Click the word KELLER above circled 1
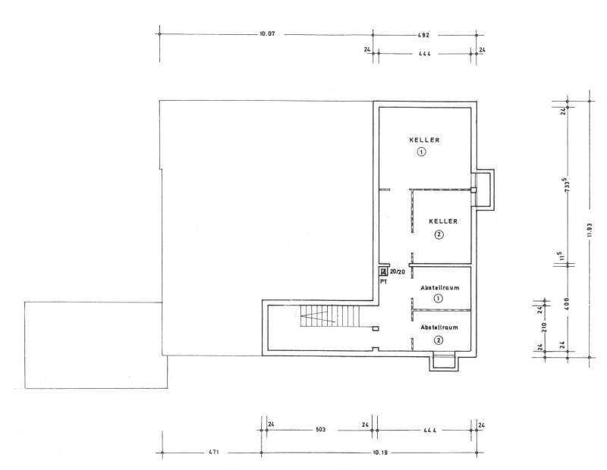pyautogui.click(x=424, y=139)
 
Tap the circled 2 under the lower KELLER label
pyautogui.click(x=439, y=234)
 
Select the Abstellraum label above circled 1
pyautogui.click(x=440, y=288)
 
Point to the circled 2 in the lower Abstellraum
pyautogui.click(x=439, y=340)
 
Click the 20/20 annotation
pyautogui.click(x=397, y=272)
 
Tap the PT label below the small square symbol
pyautogui.click(x=384, y=281)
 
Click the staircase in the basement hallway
pyautogui.click(x=330, y=316)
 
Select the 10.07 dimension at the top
pyautogui.click(x=267, y=34)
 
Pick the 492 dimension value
pyautogui.click(x=423, y=35)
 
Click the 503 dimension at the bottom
pyautogui.click(x=320, y=429)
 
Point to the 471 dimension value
pyautogui.click(x=215, y=452)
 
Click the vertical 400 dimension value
pyautogui.click(x=568, y=303)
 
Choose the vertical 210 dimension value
pyautogui.click(x=543, y=327)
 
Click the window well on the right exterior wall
pyautogui.click(x=486, y=190)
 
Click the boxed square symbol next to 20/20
pyautogui.click(x=383, y=271)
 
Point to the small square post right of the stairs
pyautogui.click(x=375, y=328)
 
